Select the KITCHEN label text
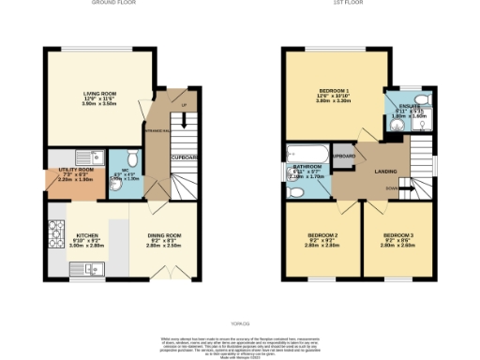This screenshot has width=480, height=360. [87, 235]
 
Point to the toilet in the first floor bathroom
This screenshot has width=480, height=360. [297, 192]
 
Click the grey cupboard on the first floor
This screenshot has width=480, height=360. [344, 155]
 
